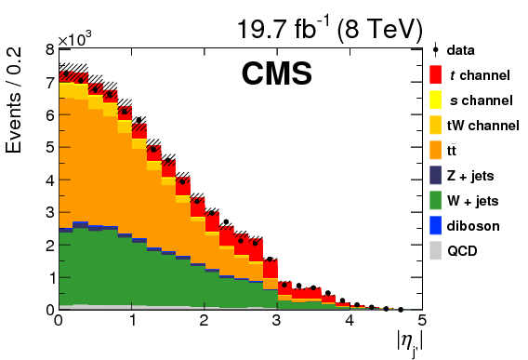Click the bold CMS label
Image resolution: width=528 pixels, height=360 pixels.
pos(276,74)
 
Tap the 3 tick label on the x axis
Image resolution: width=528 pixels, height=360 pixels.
pos(276,321)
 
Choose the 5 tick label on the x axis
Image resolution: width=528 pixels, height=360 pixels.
pos(421,321)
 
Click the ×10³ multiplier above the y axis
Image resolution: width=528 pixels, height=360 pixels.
pos(74,39)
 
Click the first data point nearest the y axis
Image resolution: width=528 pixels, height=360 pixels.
pos(66,73)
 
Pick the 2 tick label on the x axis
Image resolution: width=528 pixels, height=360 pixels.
pos(204,321)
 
